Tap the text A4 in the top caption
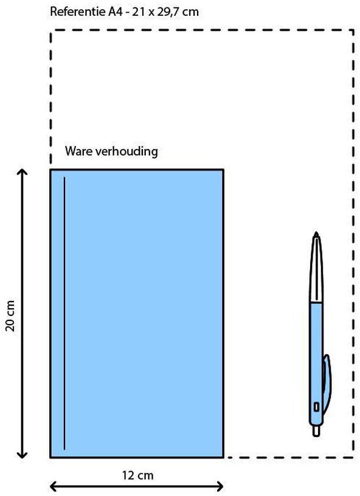(x=115, y=12)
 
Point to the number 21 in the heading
(x=138, y=12)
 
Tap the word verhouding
(x=127, y=151)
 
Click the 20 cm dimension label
(x=10, y=315)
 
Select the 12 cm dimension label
(x=137, y=475)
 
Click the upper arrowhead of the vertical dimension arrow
(x=22, y=172)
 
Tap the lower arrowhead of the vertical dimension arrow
(x=22, y=455)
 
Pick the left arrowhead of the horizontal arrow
(x=53, y=486)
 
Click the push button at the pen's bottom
(x=316, y=431)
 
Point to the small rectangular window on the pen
(x=316, y=407)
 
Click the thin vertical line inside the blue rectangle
(x=64, y=313)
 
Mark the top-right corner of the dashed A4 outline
(x=353, y=30)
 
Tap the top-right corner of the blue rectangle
(x=223, y=170)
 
